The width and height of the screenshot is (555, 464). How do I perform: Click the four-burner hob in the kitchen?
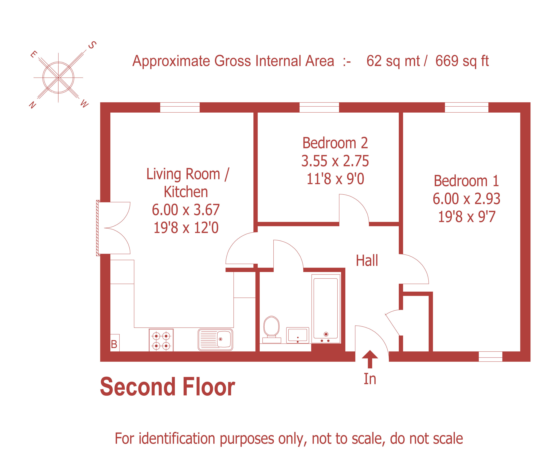161,340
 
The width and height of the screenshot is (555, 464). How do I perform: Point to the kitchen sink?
215,339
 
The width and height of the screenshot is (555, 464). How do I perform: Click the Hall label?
367,261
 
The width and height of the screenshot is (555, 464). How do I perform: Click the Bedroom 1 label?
466,181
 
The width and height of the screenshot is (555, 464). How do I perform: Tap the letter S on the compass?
92,45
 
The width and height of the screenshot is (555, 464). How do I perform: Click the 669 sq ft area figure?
462,61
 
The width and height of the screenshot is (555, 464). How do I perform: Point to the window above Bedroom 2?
319,107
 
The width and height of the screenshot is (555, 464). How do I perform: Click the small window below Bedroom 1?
490,356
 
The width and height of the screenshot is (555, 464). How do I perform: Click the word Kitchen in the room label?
186,192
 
